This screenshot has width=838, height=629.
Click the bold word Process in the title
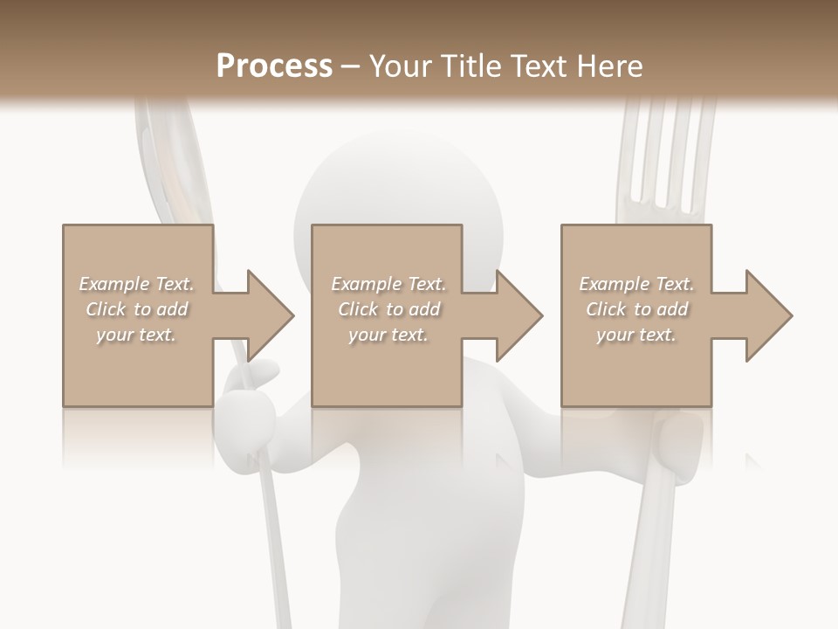(273, 66)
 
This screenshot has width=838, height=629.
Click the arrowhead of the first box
(271, 315)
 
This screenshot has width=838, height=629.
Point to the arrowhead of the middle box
(519, 315)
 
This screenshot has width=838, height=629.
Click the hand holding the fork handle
(677, 446)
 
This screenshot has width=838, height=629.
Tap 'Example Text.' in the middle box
(388, 284)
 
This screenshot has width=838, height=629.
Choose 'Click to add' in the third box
(637, 309)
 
